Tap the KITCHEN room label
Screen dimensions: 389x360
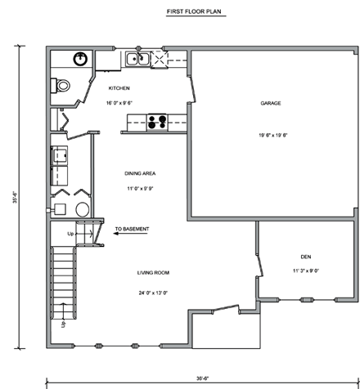tap(119, 87)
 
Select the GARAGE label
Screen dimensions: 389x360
tap(272, 104)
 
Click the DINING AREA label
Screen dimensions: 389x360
tap(140, 173)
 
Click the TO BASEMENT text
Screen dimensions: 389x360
tap(132, 229)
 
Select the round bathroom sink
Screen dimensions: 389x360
tap(80, 59)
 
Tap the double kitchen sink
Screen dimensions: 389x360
tap(137, 59)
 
